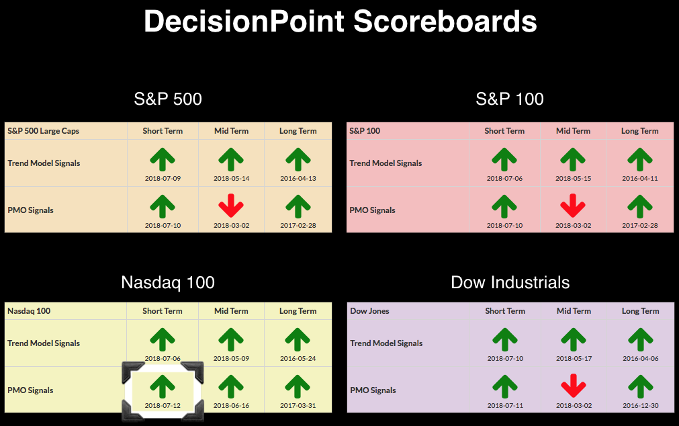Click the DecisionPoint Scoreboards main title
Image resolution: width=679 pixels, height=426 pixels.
(x=340, y=22)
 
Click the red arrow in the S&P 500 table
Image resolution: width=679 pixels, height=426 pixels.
(x=231, y=206)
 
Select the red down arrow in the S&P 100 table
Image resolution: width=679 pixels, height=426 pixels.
(x=573, y=206)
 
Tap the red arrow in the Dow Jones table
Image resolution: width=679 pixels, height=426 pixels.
(x=574, y=386)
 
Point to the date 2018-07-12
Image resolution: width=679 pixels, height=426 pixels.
(x=163, y=406)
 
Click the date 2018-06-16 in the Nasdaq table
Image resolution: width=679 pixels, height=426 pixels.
(x=231, y=406)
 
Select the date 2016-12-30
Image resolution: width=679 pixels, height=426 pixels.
(x=641, y=406)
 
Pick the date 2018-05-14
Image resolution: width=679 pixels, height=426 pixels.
(x=231, y=178)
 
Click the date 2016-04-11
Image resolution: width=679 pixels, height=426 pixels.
(x=640, y=178)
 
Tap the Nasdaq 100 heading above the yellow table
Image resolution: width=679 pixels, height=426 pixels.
(x=168, y=283)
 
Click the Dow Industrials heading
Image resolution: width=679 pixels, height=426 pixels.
(x=510, y=283)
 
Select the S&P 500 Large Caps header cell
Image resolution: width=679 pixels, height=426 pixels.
(x=43, y=131)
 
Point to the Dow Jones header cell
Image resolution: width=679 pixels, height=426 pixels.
(x=369, y=310)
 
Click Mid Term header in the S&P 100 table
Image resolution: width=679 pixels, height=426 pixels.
(x=573, y=131)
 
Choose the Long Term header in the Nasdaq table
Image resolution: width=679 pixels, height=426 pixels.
(x=298, y=310)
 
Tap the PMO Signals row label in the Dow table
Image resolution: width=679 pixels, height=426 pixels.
(x=373, y=390)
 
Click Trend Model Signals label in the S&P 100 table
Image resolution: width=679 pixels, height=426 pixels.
(x=386, y=163)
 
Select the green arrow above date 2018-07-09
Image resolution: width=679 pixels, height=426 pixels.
(x=163, y=159)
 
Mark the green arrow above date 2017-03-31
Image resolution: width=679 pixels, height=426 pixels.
(x=298, y=386)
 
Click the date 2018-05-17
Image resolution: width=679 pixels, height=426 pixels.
(x=574, y=358)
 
